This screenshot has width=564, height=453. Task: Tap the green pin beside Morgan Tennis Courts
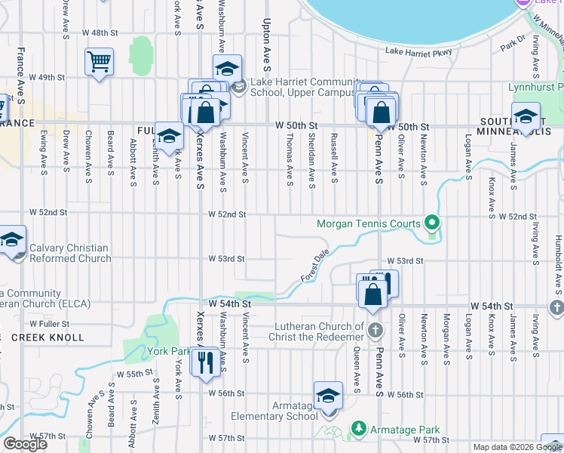[431, 223]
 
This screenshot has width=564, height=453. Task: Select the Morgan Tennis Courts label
[369, 223]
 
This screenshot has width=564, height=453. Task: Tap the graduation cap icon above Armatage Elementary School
[328, 396]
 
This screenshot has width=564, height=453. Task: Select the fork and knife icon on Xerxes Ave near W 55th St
[204, 363]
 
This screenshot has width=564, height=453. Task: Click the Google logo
[25, 444]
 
